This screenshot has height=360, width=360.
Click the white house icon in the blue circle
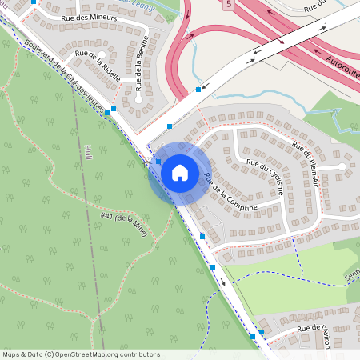(180, 172)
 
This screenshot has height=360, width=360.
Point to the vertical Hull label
(88, 152)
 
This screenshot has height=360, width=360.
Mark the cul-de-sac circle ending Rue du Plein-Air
(342, 166)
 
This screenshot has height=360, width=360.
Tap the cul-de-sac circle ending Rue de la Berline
(138, 100)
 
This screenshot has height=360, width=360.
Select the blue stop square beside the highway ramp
(198, 90)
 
